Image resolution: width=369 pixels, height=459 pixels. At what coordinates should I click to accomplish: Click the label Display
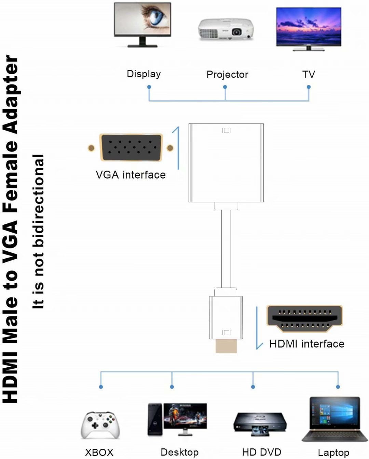[x=143, y=74]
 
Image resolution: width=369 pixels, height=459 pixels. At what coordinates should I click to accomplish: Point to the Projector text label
[x=227, y=75]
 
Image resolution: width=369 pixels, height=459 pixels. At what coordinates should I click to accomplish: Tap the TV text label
[x=309, y=74]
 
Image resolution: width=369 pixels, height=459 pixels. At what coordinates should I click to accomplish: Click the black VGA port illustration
[x=131, y=147]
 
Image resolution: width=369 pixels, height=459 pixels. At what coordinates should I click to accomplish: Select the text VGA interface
[x=131, y=175]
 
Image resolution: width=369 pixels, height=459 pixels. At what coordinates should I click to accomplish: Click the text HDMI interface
[x=306, y=344]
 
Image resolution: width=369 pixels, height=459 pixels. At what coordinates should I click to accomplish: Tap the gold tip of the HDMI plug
[x=226, y=346]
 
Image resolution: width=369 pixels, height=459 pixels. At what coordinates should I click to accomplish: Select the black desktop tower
[x=155, y=419]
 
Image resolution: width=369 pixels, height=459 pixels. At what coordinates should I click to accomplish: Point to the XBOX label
[x=99, y=452]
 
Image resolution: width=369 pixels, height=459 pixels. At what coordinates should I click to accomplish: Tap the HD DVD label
[x=261, y=452]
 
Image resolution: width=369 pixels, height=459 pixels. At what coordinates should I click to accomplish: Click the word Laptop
[x=333, y=453]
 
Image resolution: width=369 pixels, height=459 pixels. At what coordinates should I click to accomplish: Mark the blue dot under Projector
[x=225, y=87]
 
